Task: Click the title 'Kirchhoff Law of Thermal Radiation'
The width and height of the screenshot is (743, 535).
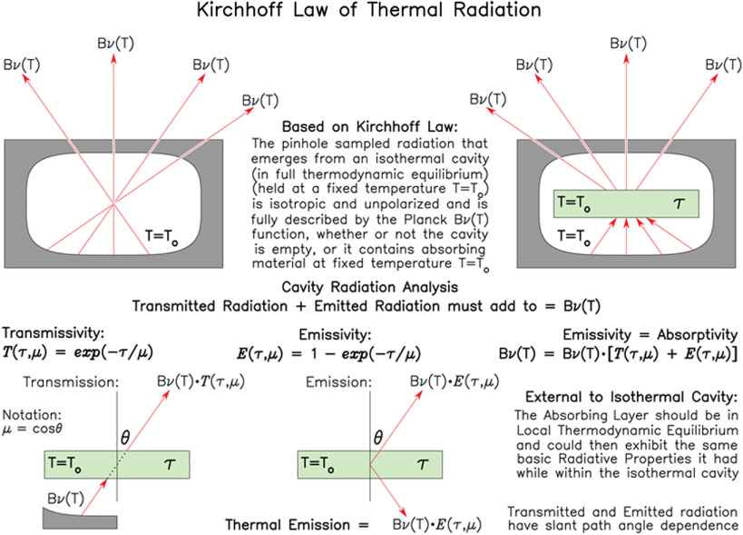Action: pos(369,10)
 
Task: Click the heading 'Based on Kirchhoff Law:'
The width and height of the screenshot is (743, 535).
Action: pos(369,126)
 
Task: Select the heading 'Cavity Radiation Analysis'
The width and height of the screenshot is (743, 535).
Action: pos(369,287)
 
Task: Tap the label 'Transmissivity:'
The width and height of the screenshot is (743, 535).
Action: pos(53,333)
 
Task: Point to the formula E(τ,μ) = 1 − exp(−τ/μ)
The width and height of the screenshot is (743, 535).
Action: pos(328,354)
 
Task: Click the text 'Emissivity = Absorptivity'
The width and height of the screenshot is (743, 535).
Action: pos(650,335)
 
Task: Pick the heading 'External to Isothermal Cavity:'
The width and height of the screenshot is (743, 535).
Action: pos(631,397)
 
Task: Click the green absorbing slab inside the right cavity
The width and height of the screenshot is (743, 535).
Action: pos(626,204)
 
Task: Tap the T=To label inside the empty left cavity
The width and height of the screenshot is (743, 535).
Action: pos(161,236)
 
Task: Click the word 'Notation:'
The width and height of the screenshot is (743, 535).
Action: pos(32,414)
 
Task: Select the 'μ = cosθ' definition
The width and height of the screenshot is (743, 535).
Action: pos(33,429)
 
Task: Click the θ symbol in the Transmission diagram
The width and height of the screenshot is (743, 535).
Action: pos(124,437)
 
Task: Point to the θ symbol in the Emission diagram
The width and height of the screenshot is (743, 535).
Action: pos(377,437)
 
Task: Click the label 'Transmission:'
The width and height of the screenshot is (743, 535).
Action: pos(71,381)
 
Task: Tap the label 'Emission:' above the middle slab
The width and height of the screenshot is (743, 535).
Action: pos(338,381)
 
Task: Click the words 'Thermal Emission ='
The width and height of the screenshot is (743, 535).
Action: pos(297,525)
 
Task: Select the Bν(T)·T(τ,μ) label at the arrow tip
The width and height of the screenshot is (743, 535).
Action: pos(200,381)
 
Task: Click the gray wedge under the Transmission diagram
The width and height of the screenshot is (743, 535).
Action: pos(80,520)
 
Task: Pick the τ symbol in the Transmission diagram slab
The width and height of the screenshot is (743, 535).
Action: pos(169,464)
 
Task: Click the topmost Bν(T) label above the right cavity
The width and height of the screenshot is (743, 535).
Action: pos(629,44)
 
